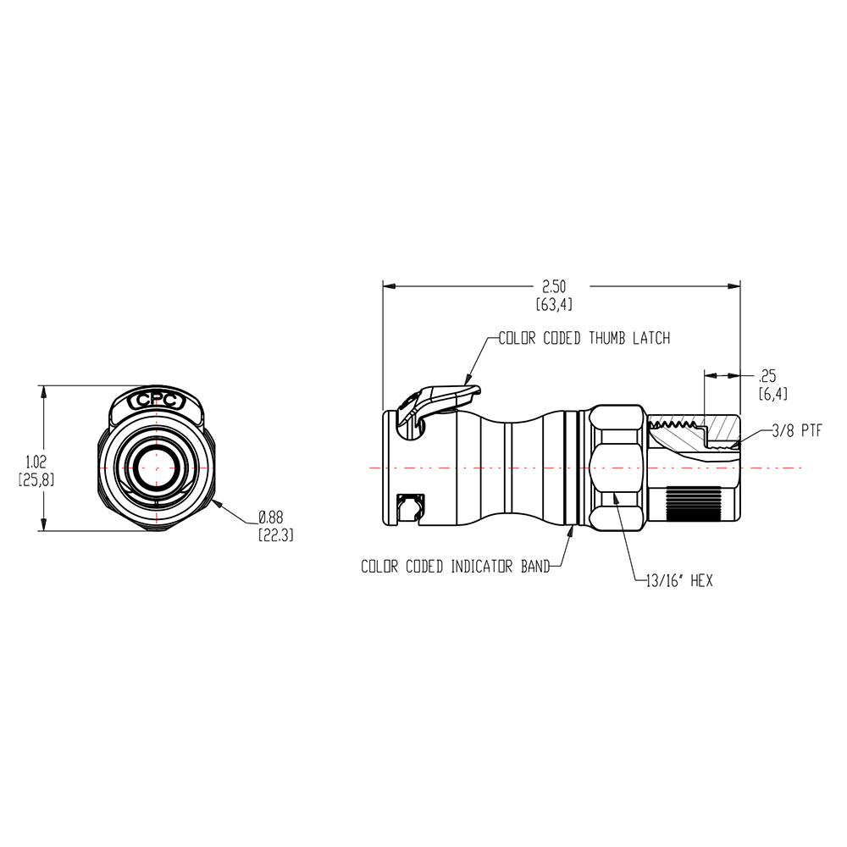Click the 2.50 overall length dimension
pyautogui.click(x=555, y=287)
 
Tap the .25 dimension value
pyautogui.click(x=768, y=375)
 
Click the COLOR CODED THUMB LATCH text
pyautogui.click(x=584, y=338)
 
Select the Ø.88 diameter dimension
pyautogui.click(x=271, y=517)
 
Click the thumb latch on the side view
pyautogui.click(x=440, y=401)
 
